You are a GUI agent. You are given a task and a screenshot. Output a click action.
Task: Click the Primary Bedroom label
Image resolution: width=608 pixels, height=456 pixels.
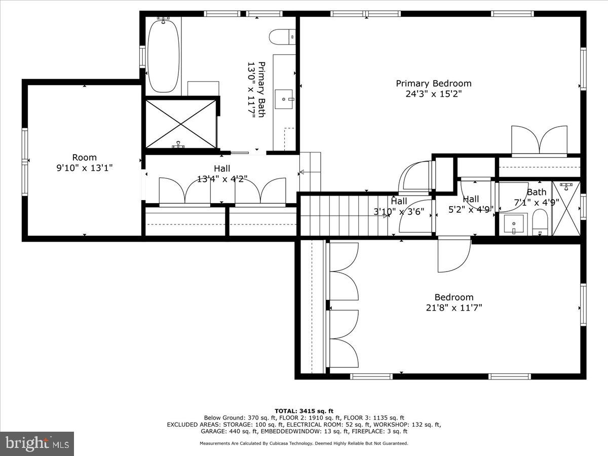tap(433, 84)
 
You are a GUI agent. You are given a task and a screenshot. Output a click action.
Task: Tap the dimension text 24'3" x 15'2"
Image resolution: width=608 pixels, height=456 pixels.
tap(433, 94)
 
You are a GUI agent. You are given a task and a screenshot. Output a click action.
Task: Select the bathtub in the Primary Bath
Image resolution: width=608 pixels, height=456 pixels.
tap(163, 55)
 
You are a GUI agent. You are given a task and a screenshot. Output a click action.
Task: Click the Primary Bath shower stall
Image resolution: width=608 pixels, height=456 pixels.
tap(181, 124)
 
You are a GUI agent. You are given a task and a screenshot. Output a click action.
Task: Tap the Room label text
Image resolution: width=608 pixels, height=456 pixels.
tap(84, 158)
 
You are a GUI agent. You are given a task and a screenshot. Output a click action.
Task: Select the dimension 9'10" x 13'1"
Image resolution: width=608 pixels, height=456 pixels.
tap(84, 168)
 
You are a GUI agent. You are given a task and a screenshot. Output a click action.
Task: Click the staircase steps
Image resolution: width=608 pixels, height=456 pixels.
tap(345, 215)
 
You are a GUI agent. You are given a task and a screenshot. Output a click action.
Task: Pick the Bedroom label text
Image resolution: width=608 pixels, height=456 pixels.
tap(453, 297)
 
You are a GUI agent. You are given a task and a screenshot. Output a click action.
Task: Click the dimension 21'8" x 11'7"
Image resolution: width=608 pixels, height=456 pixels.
tap(453, 308)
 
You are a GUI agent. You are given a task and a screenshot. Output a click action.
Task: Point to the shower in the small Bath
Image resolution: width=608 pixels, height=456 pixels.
tap(566, 209)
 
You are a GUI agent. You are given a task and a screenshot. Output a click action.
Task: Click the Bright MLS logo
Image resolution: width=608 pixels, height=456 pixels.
tap(37, 444)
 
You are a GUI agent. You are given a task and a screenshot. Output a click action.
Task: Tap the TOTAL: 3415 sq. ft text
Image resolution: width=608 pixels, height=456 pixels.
tap(304, 411)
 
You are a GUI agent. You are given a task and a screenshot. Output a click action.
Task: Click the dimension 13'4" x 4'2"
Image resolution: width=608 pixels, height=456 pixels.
tap(221, 179)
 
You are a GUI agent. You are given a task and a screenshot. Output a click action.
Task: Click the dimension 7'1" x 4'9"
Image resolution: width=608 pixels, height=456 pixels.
tap(537, 202)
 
